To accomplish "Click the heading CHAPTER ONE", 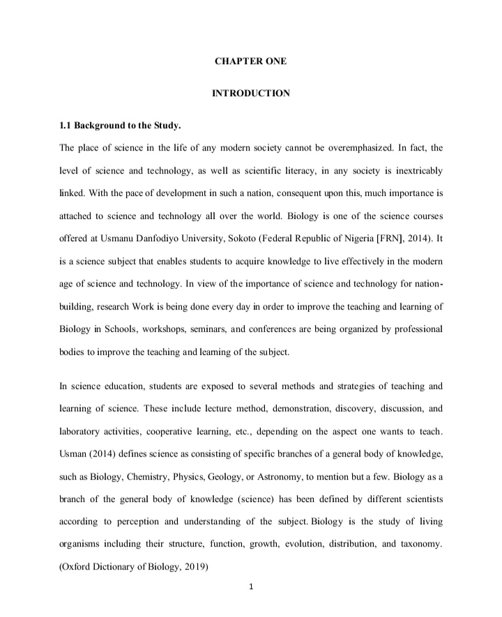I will click(250, 61).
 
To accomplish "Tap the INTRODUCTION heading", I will click(250, 93).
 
